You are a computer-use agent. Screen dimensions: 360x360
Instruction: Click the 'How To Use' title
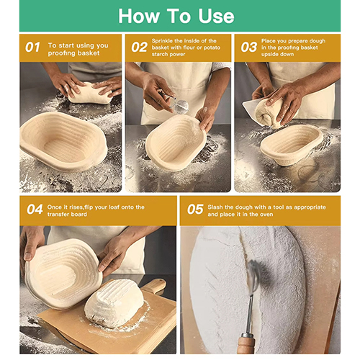pos(176,16)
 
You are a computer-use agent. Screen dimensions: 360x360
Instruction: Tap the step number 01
pos(33,48)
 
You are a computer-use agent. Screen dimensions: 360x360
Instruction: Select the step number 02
pos(139,48)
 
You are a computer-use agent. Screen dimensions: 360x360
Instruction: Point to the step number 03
pos(248,48)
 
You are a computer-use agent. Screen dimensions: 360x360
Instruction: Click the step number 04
pos(35,210)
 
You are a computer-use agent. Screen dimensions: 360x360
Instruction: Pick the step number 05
pos(195,210)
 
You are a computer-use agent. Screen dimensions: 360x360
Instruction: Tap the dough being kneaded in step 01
pos(90,92)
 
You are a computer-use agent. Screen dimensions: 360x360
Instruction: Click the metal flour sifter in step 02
pos(178,106)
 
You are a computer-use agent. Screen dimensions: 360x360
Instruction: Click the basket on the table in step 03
pos(291,143)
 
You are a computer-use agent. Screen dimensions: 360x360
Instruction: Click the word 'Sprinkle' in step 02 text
pos(166,41)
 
